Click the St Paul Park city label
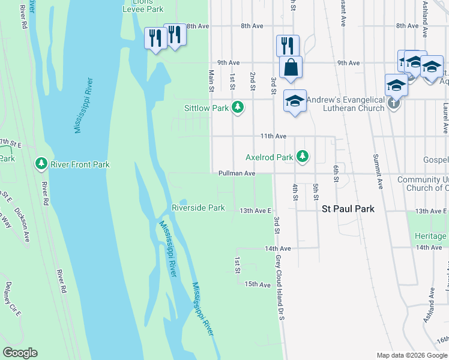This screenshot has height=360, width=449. [348, 209]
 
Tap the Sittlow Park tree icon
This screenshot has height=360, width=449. [238, 108]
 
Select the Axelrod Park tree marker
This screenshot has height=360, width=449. [303, 157]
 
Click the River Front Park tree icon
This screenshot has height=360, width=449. [41, 164]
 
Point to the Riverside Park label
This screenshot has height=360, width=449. [198, 208]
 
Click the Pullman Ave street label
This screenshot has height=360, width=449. [237, 173]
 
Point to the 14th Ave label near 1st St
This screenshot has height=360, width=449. [278, 248]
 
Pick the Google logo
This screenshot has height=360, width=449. [20, 353]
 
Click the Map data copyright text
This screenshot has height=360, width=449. [411, 355]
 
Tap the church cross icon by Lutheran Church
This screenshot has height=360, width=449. [394, 103]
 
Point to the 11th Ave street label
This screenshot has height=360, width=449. [273, 136]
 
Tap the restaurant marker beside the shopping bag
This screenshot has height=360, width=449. [288, 45]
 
